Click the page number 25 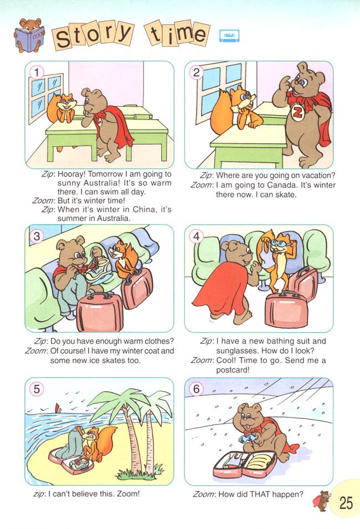click(x=346, y=503)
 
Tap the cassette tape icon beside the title click(x=229, y=35)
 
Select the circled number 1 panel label click(x=37, y=72)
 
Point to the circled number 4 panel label click(x=196, y=236)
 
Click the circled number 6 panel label click(x=196, y=389)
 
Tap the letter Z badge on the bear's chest click(x=297, y=113)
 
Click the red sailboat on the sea click(x=58, y=407)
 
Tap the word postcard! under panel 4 click(x=233, y=370)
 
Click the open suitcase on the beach click(x=71, y=459)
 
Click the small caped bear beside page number click(x=322, y=500)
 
